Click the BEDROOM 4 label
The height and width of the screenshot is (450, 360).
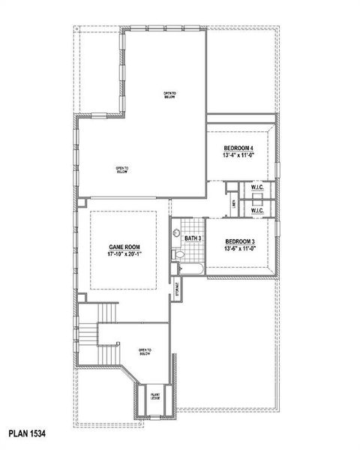tap(238, 148)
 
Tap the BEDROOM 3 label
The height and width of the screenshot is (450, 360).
tap(241, 241)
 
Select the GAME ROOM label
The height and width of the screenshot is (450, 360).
tap(123, 247)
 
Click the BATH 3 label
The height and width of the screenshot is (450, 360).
tap(193, 238)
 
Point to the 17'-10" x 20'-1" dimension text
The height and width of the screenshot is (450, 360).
tap(123, 254)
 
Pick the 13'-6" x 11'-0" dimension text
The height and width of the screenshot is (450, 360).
tap(241, 248)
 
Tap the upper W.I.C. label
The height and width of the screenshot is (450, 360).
tap(257, 187)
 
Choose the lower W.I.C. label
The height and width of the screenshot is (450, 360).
tap(257, 211)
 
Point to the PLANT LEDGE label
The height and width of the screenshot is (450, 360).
tap(156, 397)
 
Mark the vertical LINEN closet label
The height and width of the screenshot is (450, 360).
tap(235, 202)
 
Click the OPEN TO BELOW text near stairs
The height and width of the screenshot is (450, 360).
tap(145, 352)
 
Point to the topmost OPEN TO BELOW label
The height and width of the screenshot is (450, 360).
tap(170, 95)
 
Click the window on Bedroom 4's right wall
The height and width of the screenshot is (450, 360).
tap(277, 167)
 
